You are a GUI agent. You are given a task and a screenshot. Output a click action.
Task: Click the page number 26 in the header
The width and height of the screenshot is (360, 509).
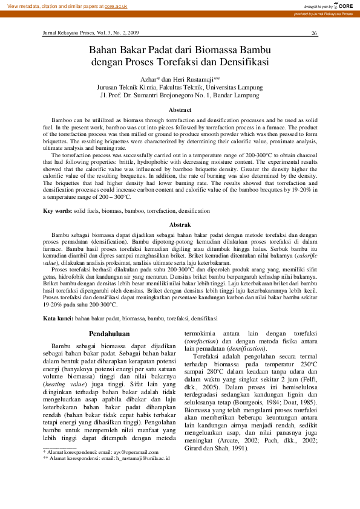[314, 33]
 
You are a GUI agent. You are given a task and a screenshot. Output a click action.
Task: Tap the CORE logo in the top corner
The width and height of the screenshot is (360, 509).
[344, 5]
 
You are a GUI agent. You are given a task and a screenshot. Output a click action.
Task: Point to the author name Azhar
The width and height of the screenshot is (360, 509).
[148, 79]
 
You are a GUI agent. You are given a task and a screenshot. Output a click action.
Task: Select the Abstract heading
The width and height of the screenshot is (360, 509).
[180, 109]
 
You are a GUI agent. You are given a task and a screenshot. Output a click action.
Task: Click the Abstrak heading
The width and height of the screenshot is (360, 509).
[180, 224]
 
